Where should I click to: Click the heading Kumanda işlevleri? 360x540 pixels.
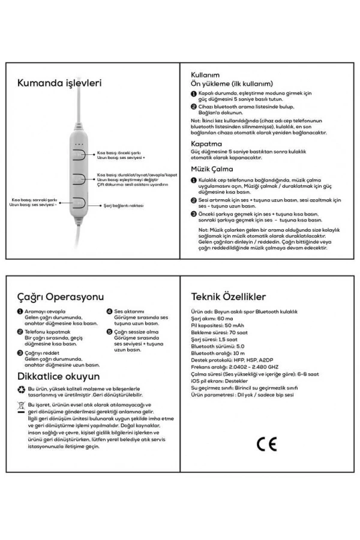(59, 83)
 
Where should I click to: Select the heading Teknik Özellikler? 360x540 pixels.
(228, 296)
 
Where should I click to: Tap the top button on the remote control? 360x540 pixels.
(79, 154)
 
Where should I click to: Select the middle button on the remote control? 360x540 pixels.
(79, 178)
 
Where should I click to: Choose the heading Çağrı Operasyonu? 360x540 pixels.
(61, 296)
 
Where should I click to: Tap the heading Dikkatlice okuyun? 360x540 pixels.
(59, 376)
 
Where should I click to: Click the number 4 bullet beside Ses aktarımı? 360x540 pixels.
(110, 311)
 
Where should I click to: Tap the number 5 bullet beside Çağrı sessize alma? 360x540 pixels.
(110, 331)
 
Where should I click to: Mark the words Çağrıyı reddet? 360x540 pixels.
(41, 353)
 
